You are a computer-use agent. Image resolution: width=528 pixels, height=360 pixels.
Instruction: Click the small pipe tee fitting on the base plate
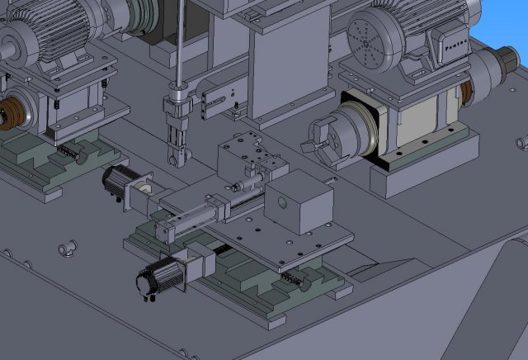tap(65, 247)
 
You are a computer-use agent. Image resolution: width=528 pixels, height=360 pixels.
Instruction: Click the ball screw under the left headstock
tap(70, 152)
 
